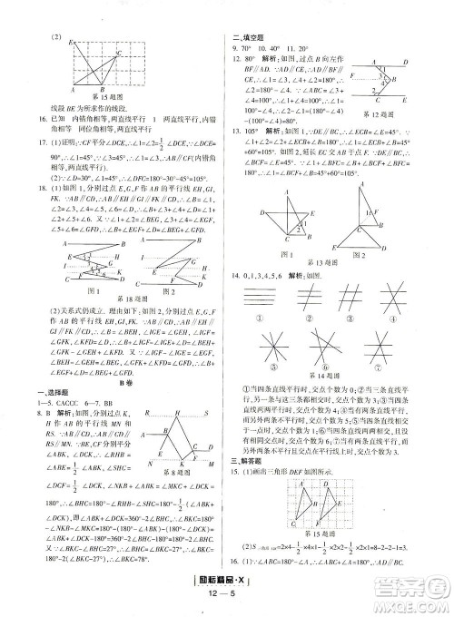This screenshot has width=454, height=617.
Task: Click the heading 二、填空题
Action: click(252, 36)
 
